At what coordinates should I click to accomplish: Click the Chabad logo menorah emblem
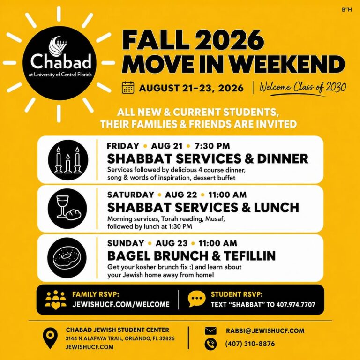[x=57, y=46]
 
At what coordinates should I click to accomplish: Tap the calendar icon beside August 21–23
[x=128, y=88]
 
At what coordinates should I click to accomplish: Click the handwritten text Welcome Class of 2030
[x=303, y=88]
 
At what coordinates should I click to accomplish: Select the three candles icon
[x=68, y=160]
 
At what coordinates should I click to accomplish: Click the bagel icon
[x=67, y=258]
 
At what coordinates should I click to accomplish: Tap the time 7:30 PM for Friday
[x=212, y=146]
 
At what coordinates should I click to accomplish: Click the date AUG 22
[x=181, y=195]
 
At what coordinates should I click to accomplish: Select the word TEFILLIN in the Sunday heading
[x=249, y=256]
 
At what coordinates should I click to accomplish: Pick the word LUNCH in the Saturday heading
[x=276, y=207]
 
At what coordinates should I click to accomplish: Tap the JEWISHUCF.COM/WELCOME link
[x=121, y=304]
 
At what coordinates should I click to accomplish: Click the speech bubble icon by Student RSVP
[x=196, y=299]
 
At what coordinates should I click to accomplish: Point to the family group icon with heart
[x=56, y=300]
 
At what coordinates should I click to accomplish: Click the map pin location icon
[x=50, y=338]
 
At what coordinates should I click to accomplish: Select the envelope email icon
[x=210, y=331]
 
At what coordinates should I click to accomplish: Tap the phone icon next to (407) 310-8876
[x=210, y=344]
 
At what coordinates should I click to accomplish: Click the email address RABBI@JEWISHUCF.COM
[x=265, y=331]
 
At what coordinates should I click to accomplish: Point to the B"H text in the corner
[x=347, y=10]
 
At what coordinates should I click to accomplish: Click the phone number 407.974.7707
[x=296, y=305]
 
